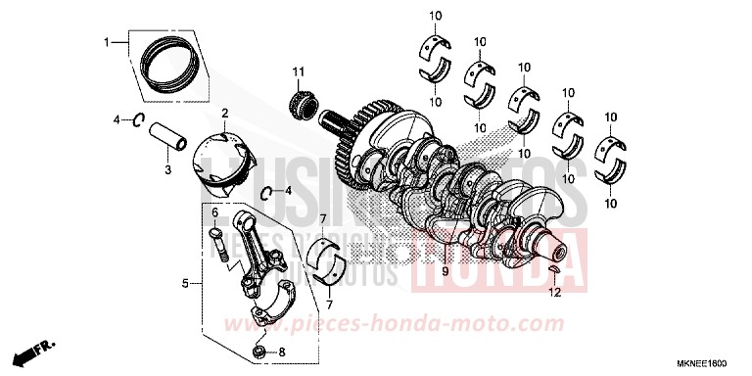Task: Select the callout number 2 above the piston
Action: click(x=224, y=114)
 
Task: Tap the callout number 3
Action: click(x=167, y=169)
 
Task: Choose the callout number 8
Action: click(x=282, y=352)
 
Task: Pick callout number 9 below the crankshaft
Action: click(x=445, y=271)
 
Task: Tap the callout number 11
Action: click(x=299, y=70)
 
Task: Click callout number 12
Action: click(x=554, y=292)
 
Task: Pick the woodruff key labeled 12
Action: click(x=552, y=271)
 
